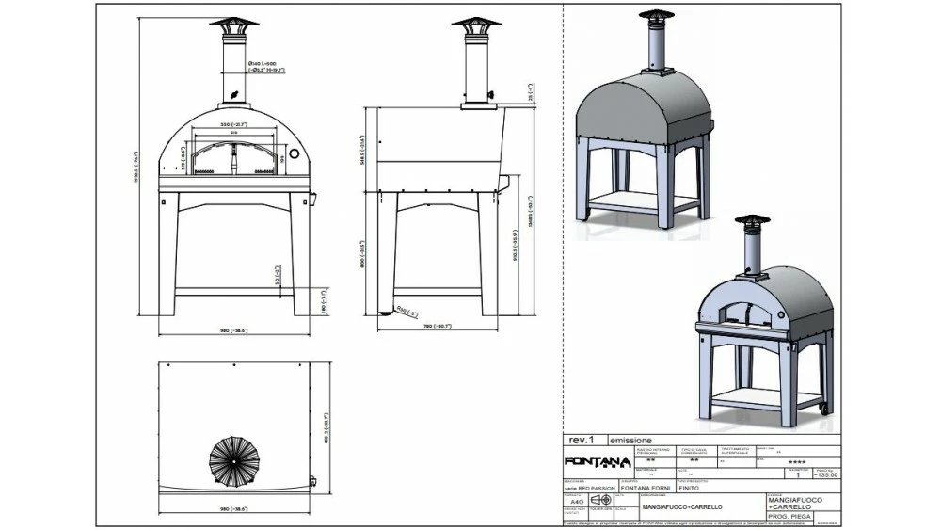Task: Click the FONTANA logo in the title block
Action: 597,460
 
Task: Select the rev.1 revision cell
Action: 581,440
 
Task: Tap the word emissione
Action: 631,440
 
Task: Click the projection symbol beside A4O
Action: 600,501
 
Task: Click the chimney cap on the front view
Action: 232,23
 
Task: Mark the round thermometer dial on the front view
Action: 293,153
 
